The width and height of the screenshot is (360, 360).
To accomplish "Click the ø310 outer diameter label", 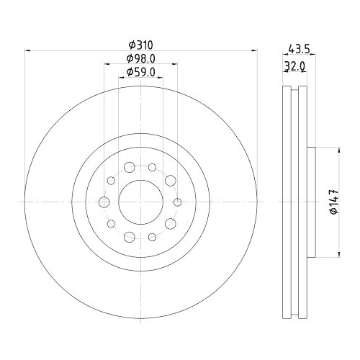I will coord(141,45).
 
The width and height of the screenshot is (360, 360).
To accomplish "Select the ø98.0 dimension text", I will coord(141,58).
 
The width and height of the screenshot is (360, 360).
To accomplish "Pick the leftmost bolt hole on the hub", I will coord(104,202).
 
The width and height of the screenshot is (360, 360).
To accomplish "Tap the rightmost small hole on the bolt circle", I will coord(178,202).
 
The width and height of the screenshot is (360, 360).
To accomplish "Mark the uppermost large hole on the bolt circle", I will coord(130,168).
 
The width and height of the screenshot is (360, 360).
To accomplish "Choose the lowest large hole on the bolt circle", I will coord(130,237).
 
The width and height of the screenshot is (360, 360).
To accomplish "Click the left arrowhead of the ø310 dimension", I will coord(29,51).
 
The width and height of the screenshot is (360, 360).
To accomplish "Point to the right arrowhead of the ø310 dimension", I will coord(254,51).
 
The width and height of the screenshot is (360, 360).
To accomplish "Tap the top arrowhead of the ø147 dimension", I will coord(338,150).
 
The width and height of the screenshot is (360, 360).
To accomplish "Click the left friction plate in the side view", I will coord(286,202).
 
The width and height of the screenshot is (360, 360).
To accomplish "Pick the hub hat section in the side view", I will coord(311,202).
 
